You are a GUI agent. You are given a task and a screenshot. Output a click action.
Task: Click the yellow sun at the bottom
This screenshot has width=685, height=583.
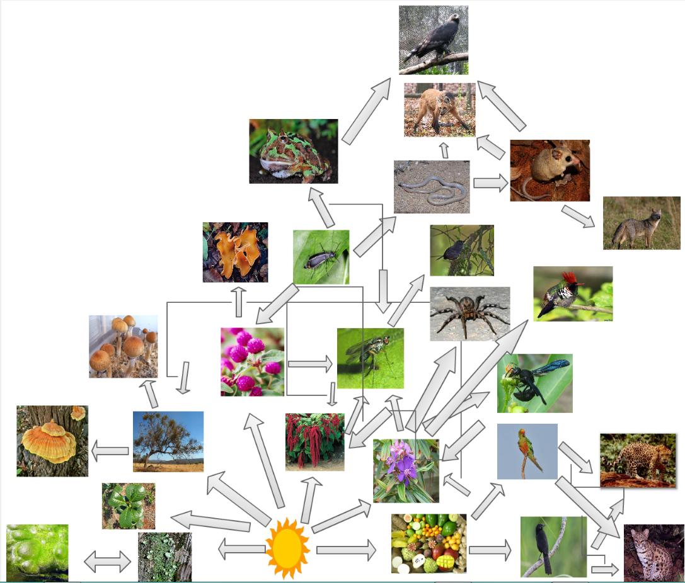[287, 548]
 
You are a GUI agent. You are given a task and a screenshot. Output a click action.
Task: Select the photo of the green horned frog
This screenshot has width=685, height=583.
[293, 151]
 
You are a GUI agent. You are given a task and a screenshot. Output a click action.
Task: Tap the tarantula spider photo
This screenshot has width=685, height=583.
[469, 314]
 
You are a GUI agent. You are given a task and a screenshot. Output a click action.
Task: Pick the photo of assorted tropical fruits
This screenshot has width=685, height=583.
[429, 543]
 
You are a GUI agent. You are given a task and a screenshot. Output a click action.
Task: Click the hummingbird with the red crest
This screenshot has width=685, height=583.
[572, 293]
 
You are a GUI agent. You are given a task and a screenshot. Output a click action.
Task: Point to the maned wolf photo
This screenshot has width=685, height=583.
[439, 110]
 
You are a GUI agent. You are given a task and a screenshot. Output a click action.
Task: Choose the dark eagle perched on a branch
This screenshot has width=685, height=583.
[434, 40]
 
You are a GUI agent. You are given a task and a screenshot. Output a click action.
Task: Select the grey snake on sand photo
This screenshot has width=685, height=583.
[432, 186]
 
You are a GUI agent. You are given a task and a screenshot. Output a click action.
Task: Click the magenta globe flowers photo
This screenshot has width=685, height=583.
[252, 361]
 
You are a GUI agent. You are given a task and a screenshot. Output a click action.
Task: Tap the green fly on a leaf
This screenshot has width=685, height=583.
[370, 358]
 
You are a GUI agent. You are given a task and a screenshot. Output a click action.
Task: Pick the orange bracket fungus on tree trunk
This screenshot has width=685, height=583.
[52, 440]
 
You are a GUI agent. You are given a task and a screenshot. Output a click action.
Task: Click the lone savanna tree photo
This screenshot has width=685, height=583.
[168, 441]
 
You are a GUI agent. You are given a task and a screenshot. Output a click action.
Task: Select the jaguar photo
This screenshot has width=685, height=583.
[637, 460]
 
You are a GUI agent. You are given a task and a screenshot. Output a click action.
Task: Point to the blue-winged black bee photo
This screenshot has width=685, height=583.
[534, 383]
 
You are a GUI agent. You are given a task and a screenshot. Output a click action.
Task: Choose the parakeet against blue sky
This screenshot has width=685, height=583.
[527, 451]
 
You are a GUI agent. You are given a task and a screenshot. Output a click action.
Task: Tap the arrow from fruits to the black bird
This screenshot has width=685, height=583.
[490, 550]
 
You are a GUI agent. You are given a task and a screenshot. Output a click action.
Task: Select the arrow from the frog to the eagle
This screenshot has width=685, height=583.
[366, 113]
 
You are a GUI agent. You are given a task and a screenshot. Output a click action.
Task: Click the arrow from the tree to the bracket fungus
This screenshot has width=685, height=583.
[110, 450]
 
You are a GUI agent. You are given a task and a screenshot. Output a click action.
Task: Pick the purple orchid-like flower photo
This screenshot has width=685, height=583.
[405, 470]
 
